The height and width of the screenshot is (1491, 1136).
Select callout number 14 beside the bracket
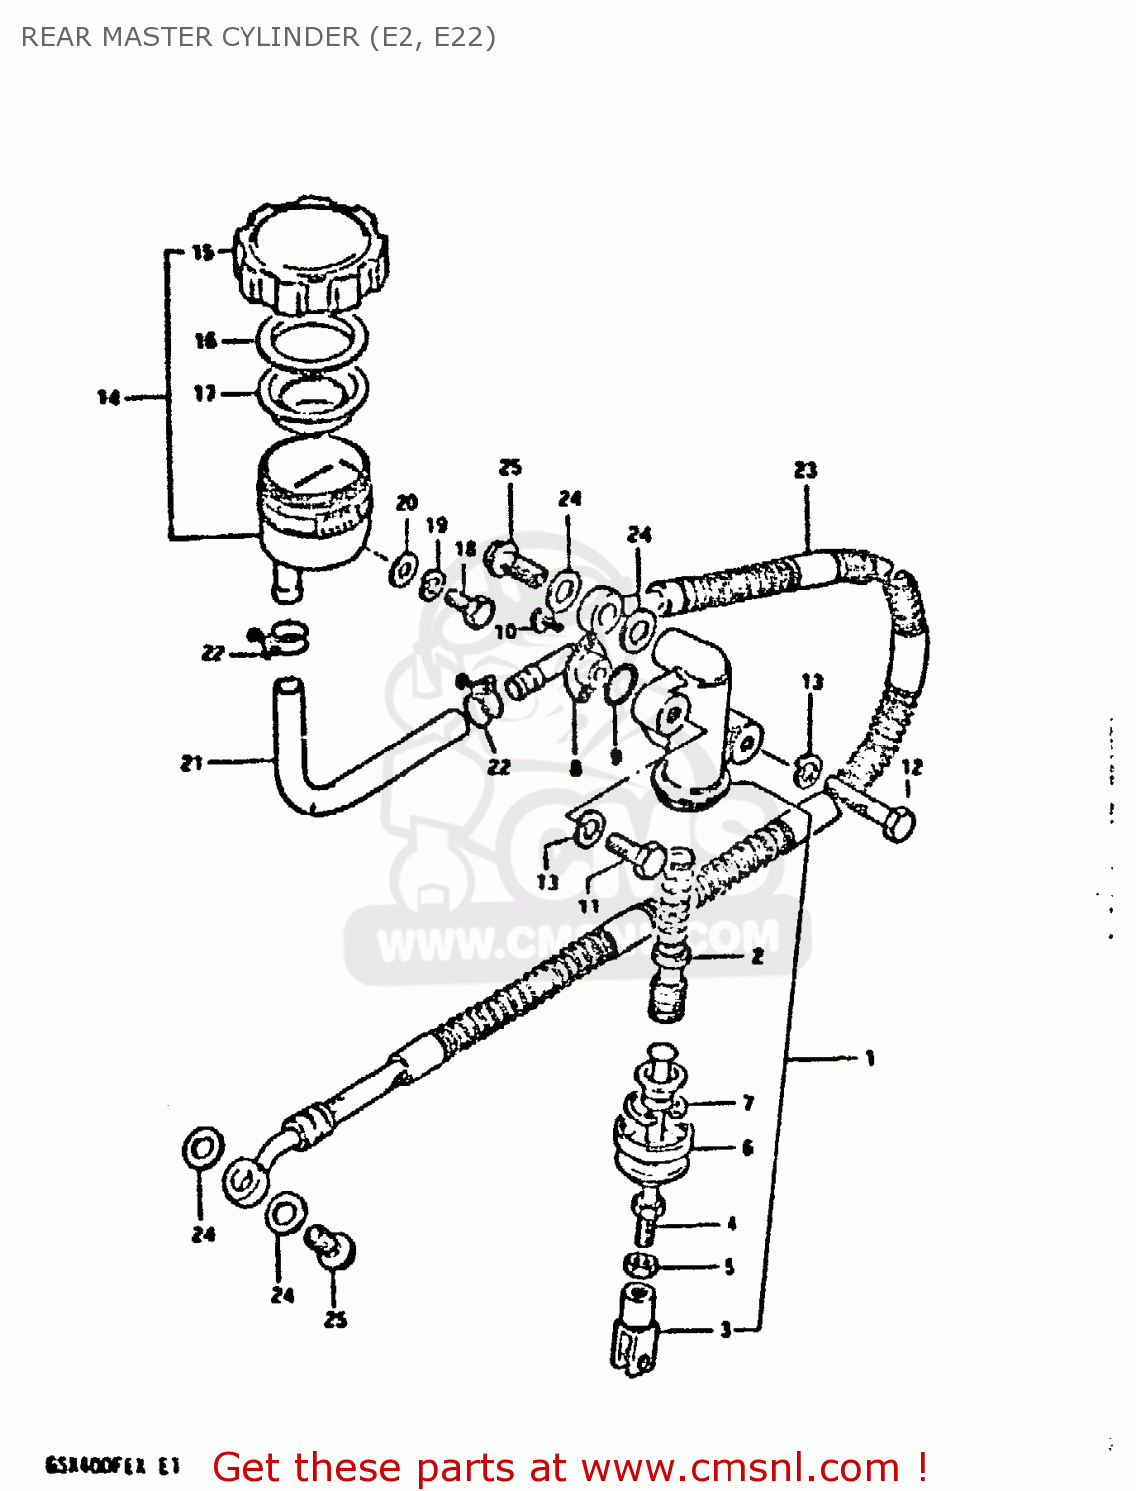(x=108, y=397)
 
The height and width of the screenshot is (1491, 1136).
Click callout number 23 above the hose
(x=805, y=469)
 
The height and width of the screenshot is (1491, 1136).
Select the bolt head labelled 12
(x=897, y=824)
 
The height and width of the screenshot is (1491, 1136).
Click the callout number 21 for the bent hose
(x=191, y=763)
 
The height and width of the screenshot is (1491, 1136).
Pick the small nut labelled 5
(x=641, y=1265)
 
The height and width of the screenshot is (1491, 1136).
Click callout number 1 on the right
(x=869, y=1058)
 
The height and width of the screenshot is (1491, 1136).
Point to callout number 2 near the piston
(x=757, y=956)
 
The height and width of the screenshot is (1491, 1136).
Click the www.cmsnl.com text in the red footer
(x=740, y=1467)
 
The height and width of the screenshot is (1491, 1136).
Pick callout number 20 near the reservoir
(x=406, y=503)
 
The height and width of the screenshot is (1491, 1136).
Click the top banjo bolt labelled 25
(x=512, y=565)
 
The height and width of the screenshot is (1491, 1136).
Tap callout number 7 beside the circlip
(x=748, y=1102)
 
